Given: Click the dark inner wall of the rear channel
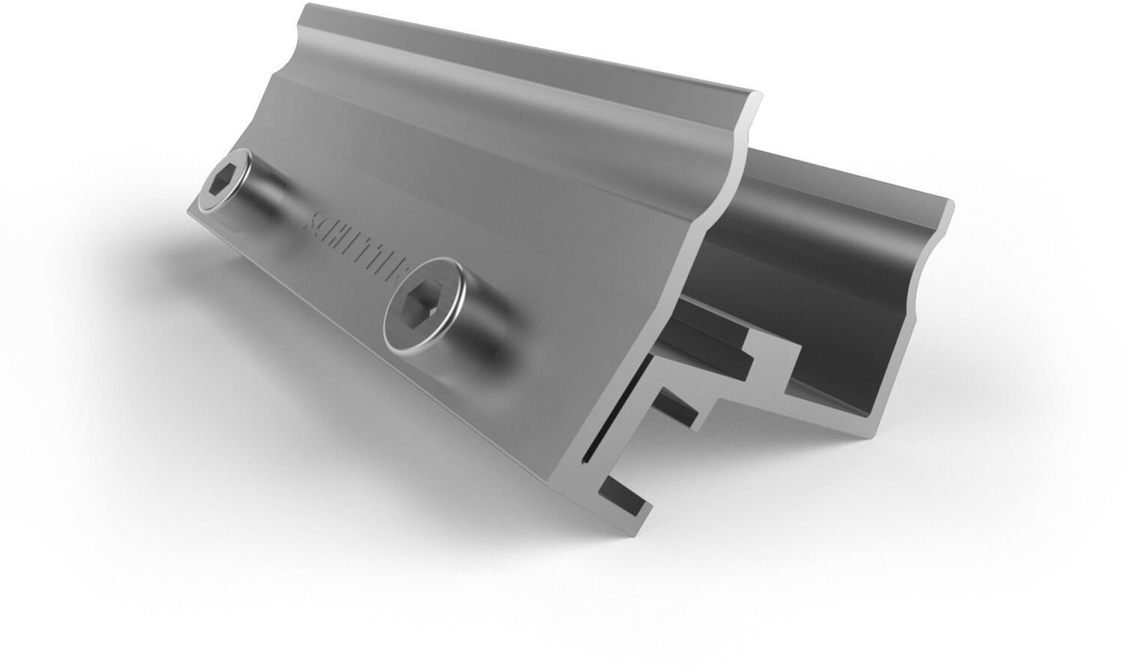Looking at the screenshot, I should [x=809, y=247].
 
